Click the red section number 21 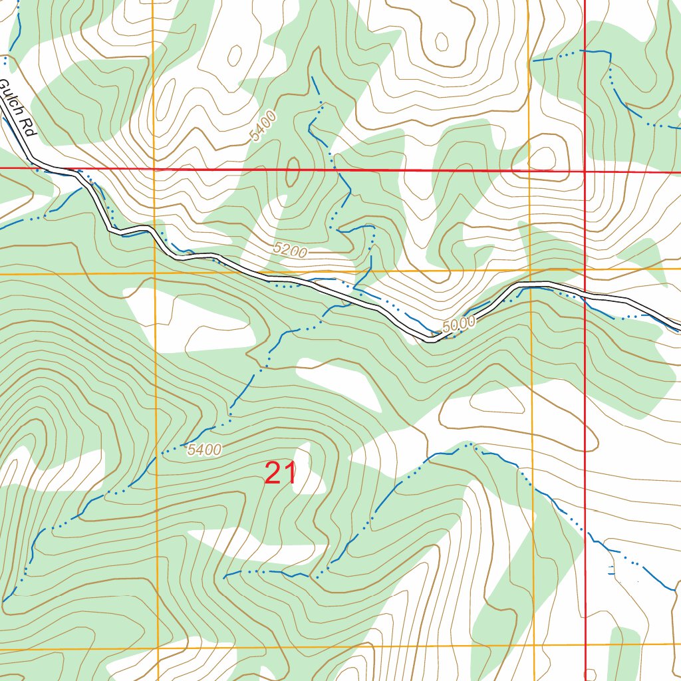[x=280, y=474]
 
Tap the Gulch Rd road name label [x=17, y=109]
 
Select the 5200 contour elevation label [x=290, y=251]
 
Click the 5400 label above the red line [x=263, y=127]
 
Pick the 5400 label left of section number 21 [x=204, y=450]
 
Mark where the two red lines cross [x=585, y=172]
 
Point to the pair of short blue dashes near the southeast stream [x=613, y=569]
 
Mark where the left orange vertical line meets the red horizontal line [x=154, y=170]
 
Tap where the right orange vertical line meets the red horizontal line [x=530, y=171]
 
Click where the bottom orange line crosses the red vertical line [x=585, y=645]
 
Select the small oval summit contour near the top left [x=234, y=56]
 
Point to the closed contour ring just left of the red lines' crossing [x=544, y=159]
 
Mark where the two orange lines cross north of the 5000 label [x=531, y=271]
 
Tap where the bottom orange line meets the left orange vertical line [x=158, y=648]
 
